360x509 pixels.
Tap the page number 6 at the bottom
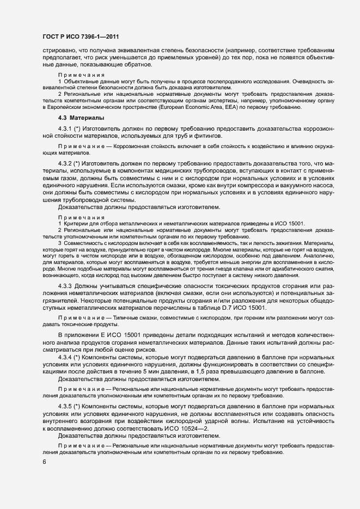pos(44,462)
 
